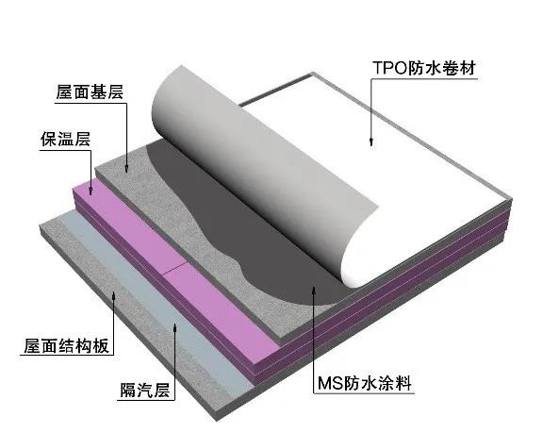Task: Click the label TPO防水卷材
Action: pos(423,68)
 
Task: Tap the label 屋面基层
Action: pos(90,92)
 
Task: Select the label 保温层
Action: pos(66,139)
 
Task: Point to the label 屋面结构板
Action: pos(66,345)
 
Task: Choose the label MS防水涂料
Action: pos(365,383)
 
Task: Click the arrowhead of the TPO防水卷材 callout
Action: pos(371,142)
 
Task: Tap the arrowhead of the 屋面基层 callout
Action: pos(126,169)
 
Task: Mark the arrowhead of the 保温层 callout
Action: pos(90,191)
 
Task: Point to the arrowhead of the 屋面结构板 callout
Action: pos(114,295)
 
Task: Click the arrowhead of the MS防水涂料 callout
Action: pos(314,291)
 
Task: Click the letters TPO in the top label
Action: pos(389,68)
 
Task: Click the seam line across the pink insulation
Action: pos(175,268)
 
